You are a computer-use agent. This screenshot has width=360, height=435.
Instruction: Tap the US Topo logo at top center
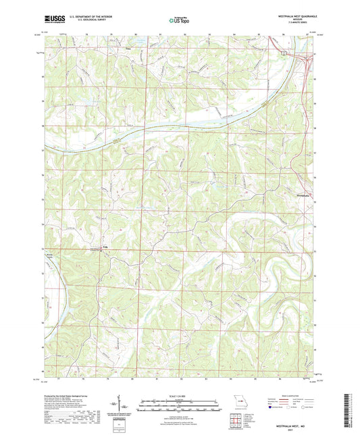(x=180, y=20)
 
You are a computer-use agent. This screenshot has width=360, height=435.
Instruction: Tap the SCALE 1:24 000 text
(x=180, y=395)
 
